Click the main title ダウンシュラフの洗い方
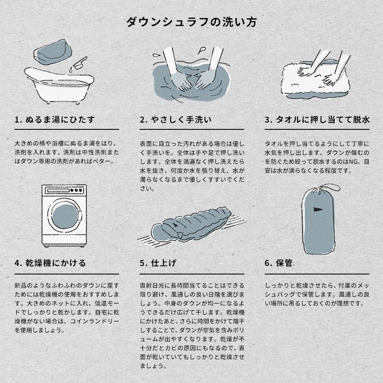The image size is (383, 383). (x=191, y=22)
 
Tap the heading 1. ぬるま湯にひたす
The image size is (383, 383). (x=54, y=120)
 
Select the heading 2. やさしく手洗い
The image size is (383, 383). (x=175, y=120)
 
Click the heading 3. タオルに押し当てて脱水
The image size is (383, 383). (x=317, y=120)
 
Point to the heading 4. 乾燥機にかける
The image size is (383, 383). (x=50, y=263)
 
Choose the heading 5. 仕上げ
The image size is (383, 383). (x=158, y=263)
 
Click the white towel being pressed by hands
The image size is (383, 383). (x=315, y=79)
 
